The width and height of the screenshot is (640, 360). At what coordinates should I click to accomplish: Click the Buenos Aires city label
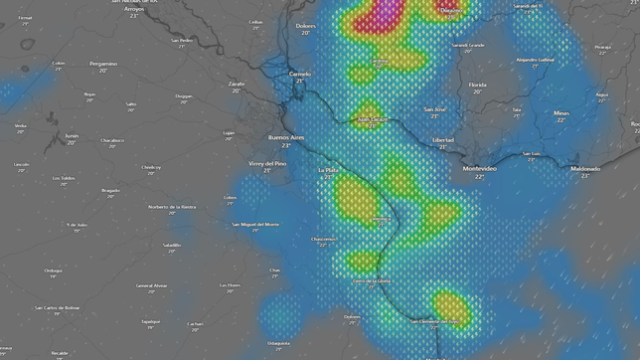pyautogui.click(x=286, y=137)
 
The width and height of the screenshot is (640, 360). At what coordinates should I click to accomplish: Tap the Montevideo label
pyautogui.click(x=480, y=168)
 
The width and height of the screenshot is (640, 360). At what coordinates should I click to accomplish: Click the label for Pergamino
pyautogui.click(x=103, y=64)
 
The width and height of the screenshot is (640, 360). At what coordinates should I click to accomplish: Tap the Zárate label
pyautogui.click(x=237, y=84)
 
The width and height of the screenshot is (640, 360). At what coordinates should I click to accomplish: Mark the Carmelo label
pyautogui.click(x=300, y=74)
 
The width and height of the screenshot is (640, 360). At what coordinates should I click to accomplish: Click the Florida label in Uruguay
pyautogui.click(x=478, y=85)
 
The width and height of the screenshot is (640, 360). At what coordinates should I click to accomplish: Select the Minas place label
pyautogui.click(x=562, y=112)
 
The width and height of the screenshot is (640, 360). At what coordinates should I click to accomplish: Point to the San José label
pyautogui.click(x=435, y=108)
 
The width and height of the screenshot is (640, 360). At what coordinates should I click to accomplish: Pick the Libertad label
pyautogui.click(x=443, y=140)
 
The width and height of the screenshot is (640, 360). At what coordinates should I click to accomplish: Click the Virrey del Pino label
pyautogui.click(x=267, y=162)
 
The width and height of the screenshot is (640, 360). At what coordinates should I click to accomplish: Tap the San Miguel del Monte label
pyautogui.click(x=255, y=224)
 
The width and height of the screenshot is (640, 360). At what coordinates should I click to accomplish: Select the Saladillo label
pyautogui.click(x=173, y=244)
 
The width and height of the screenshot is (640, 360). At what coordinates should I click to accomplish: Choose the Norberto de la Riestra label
pyautogui.click(x=172, y=206)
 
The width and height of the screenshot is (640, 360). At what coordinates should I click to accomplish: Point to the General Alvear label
pyautogui.click(x=152, y=285)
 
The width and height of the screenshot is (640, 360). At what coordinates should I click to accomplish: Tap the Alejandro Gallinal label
pyautogui.click(x=538, y=59)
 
